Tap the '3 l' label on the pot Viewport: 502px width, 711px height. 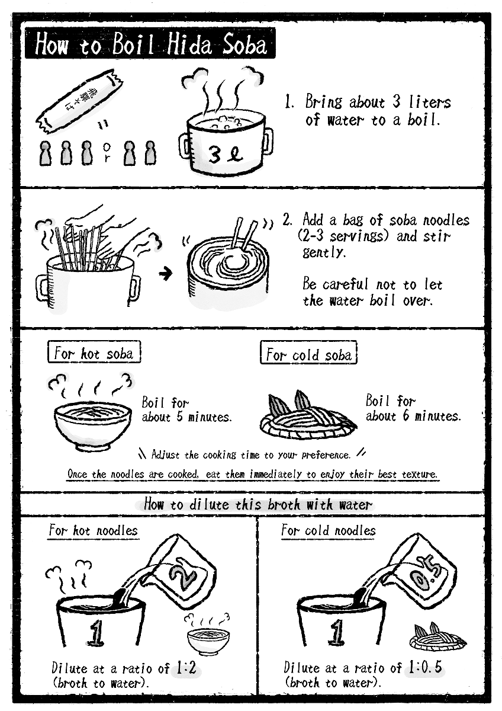[226, 155]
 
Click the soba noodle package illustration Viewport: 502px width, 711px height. [79, 101]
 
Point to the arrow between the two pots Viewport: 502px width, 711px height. [166, 273]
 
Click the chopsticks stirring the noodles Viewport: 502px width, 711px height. [243, 233]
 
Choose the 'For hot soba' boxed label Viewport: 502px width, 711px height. [94, 352]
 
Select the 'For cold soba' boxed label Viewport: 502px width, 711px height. [308, 353]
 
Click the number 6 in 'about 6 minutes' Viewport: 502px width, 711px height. [406, 416]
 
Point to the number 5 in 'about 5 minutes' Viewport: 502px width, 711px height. [180, 417]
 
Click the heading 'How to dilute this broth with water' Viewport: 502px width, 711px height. [258, 504]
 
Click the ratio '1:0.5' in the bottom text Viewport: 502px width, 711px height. [425, 668]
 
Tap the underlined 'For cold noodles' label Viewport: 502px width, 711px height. [329, 531]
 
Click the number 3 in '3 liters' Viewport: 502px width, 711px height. [396, 102]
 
